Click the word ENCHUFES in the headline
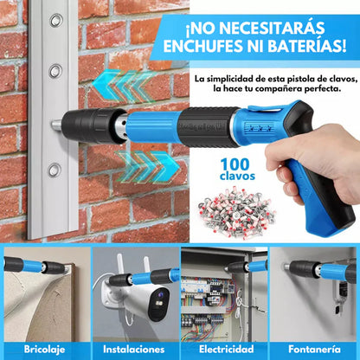coord(206,44)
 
